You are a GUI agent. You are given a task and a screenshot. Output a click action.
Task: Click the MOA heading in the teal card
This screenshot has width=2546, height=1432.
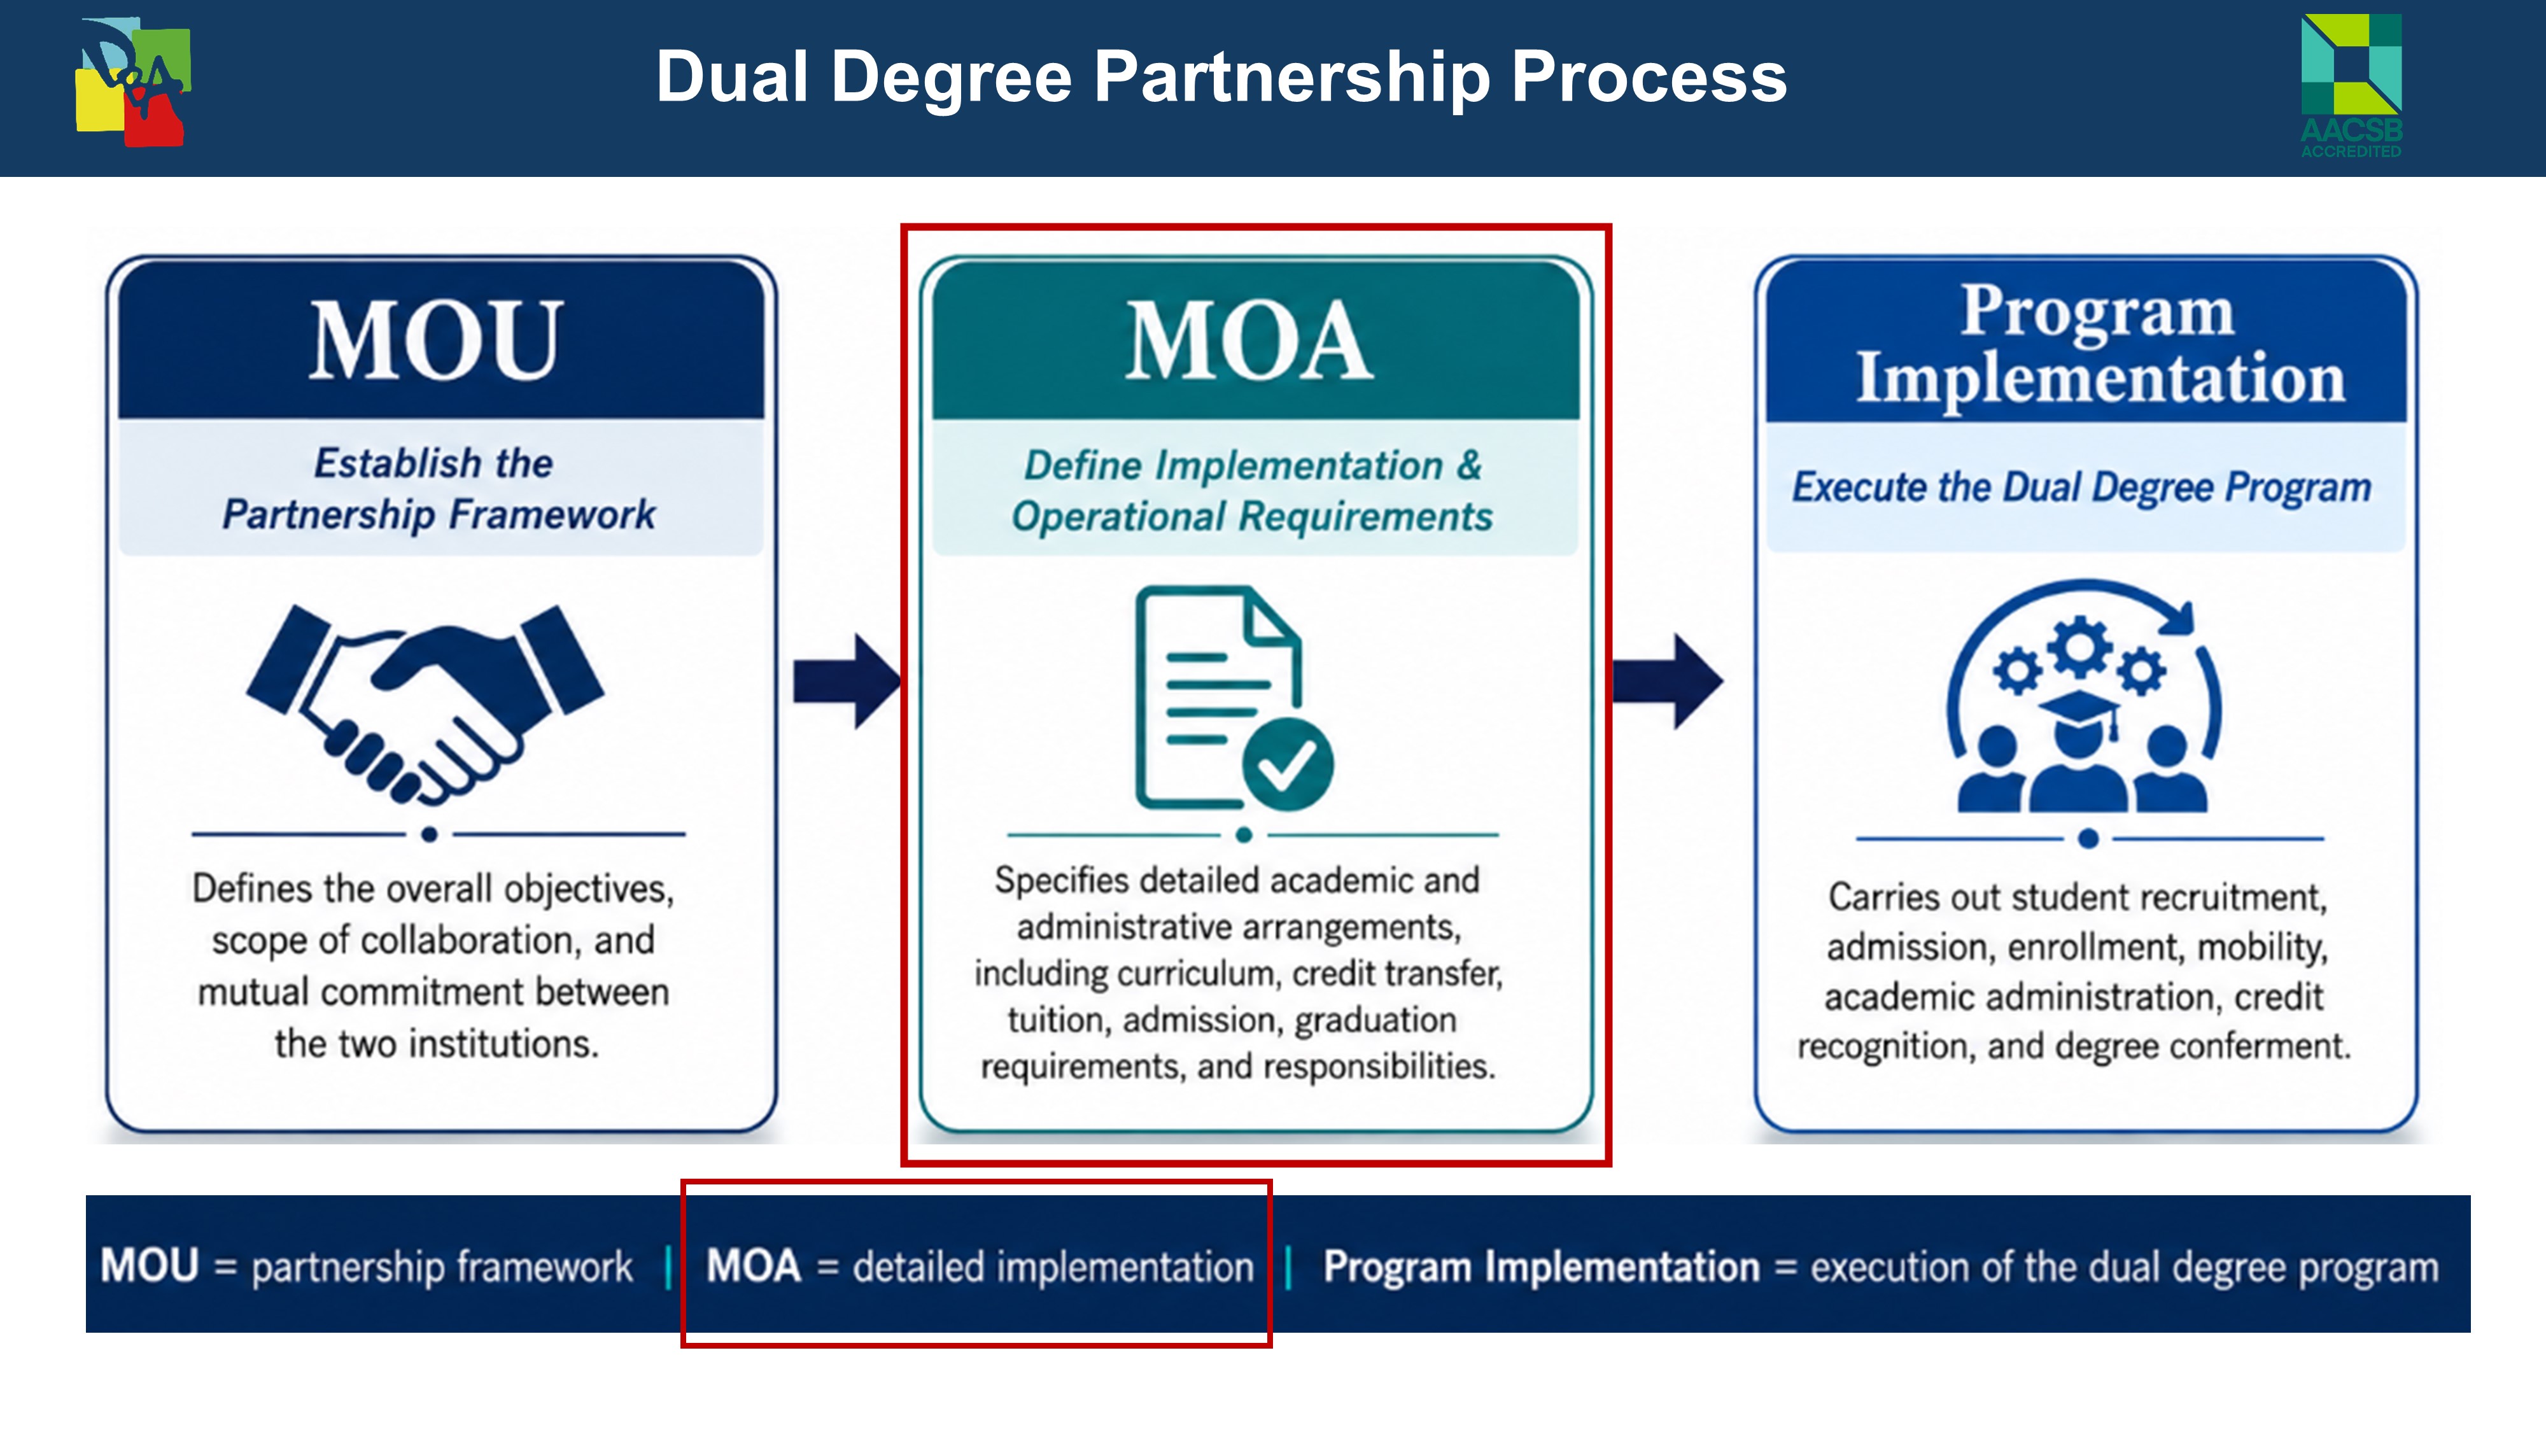tap(1249, 341)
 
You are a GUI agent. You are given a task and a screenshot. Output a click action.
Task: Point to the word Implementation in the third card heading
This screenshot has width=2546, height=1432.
tap(2100, 379)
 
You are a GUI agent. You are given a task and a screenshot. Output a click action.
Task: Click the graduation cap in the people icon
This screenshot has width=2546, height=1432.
tap(2079, 712)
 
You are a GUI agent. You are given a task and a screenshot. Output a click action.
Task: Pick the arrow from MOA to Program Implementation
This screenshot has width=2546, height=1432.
tap(1668, 681)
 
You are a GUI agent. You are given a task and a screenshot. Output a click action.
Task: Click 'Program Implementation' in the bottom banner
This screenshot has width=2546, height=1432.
tap(1542, 1267)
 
